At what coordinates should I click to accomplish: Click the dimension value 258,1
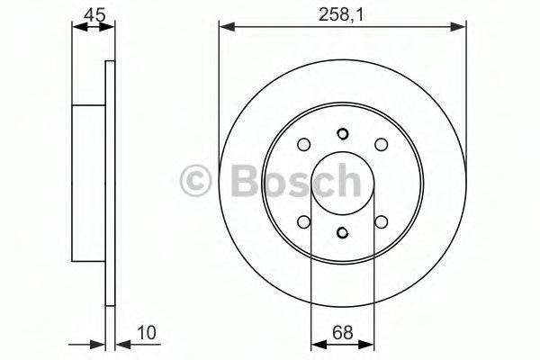(341, 13)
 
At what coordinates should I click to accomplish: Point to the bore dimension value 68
(341, 333)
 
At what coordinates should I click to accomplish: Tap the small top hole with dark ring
(342, 136)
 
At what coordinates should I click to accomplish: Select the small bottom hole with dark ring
(342, 232)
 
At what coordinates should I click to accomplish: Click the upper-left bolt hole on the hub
(303, 144)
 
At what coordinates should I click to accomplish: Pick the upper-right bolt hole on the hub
(380, 144)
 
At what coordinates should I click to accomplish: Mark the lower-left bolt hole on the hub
(303, 221)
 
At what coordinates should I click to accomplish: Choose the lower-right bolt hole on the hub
(380, 221)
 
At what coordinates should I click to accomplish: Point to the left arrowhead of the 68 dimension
(316, 344)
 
